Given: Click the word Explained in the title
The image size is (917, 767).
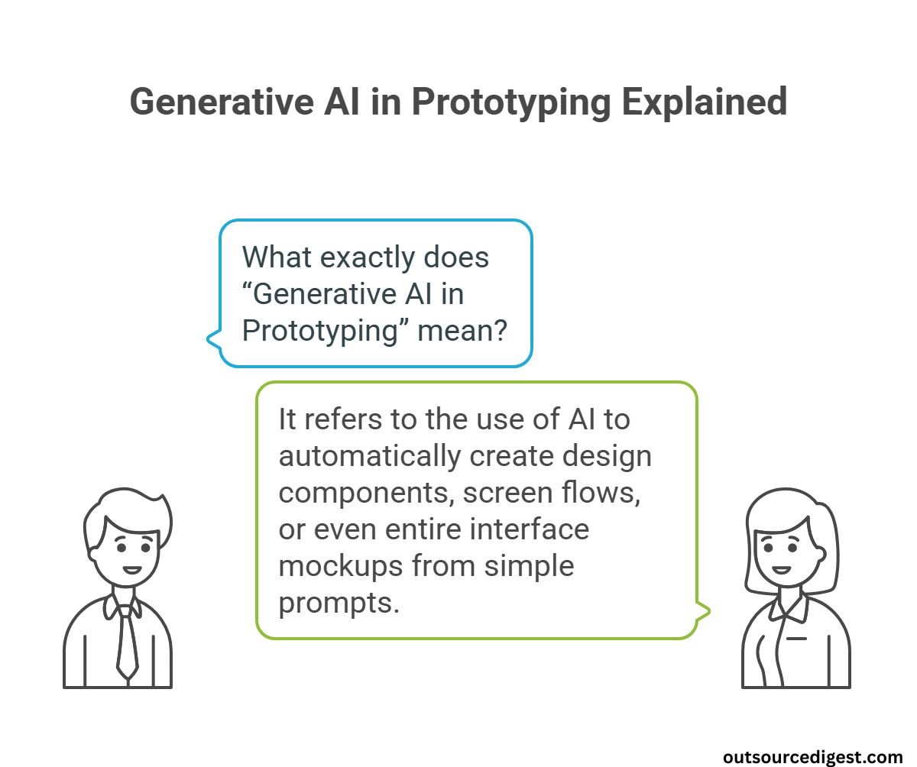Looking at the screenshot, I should click(x=704, y=102).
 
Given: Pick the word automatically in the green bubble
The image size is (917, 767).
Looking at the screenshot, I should click(x=369, y=456).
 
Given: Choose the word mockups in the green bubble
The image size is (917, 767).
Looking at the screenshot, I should click(x=340, y=567).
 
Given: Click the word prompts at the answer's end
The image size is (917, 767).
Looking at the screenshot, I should click(x=339, y=604).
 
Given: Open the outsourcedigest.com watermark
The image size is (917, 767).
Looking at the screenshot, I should click(x=813, y=756).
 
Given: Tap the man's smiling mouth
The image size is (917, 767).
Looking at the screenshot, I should click(x=131, y=570).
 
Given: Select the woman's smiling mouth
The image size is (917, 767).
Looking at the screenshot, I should click(x=781, y=570).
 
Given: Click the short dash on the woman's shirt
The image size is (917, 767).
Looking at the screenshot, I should click(x=796, y=638).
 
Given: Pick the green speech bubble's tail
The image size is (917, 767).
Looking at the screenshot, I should click(x=704, y=610).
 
